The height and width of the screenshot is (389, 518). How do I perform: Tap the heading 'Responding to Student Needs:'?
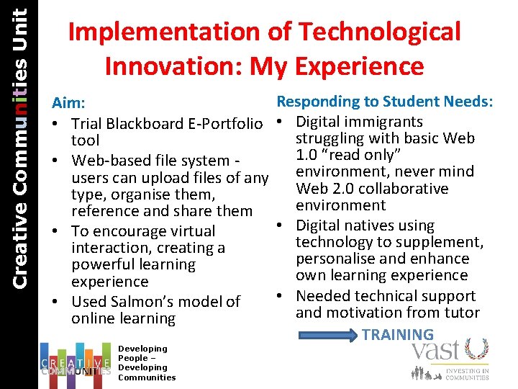click(385, 102)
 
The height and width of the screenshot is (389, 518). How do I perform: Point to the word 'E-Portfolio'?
click(227, 124)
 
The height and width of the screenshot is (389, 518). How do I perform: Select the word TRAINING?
click(398, 334)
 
